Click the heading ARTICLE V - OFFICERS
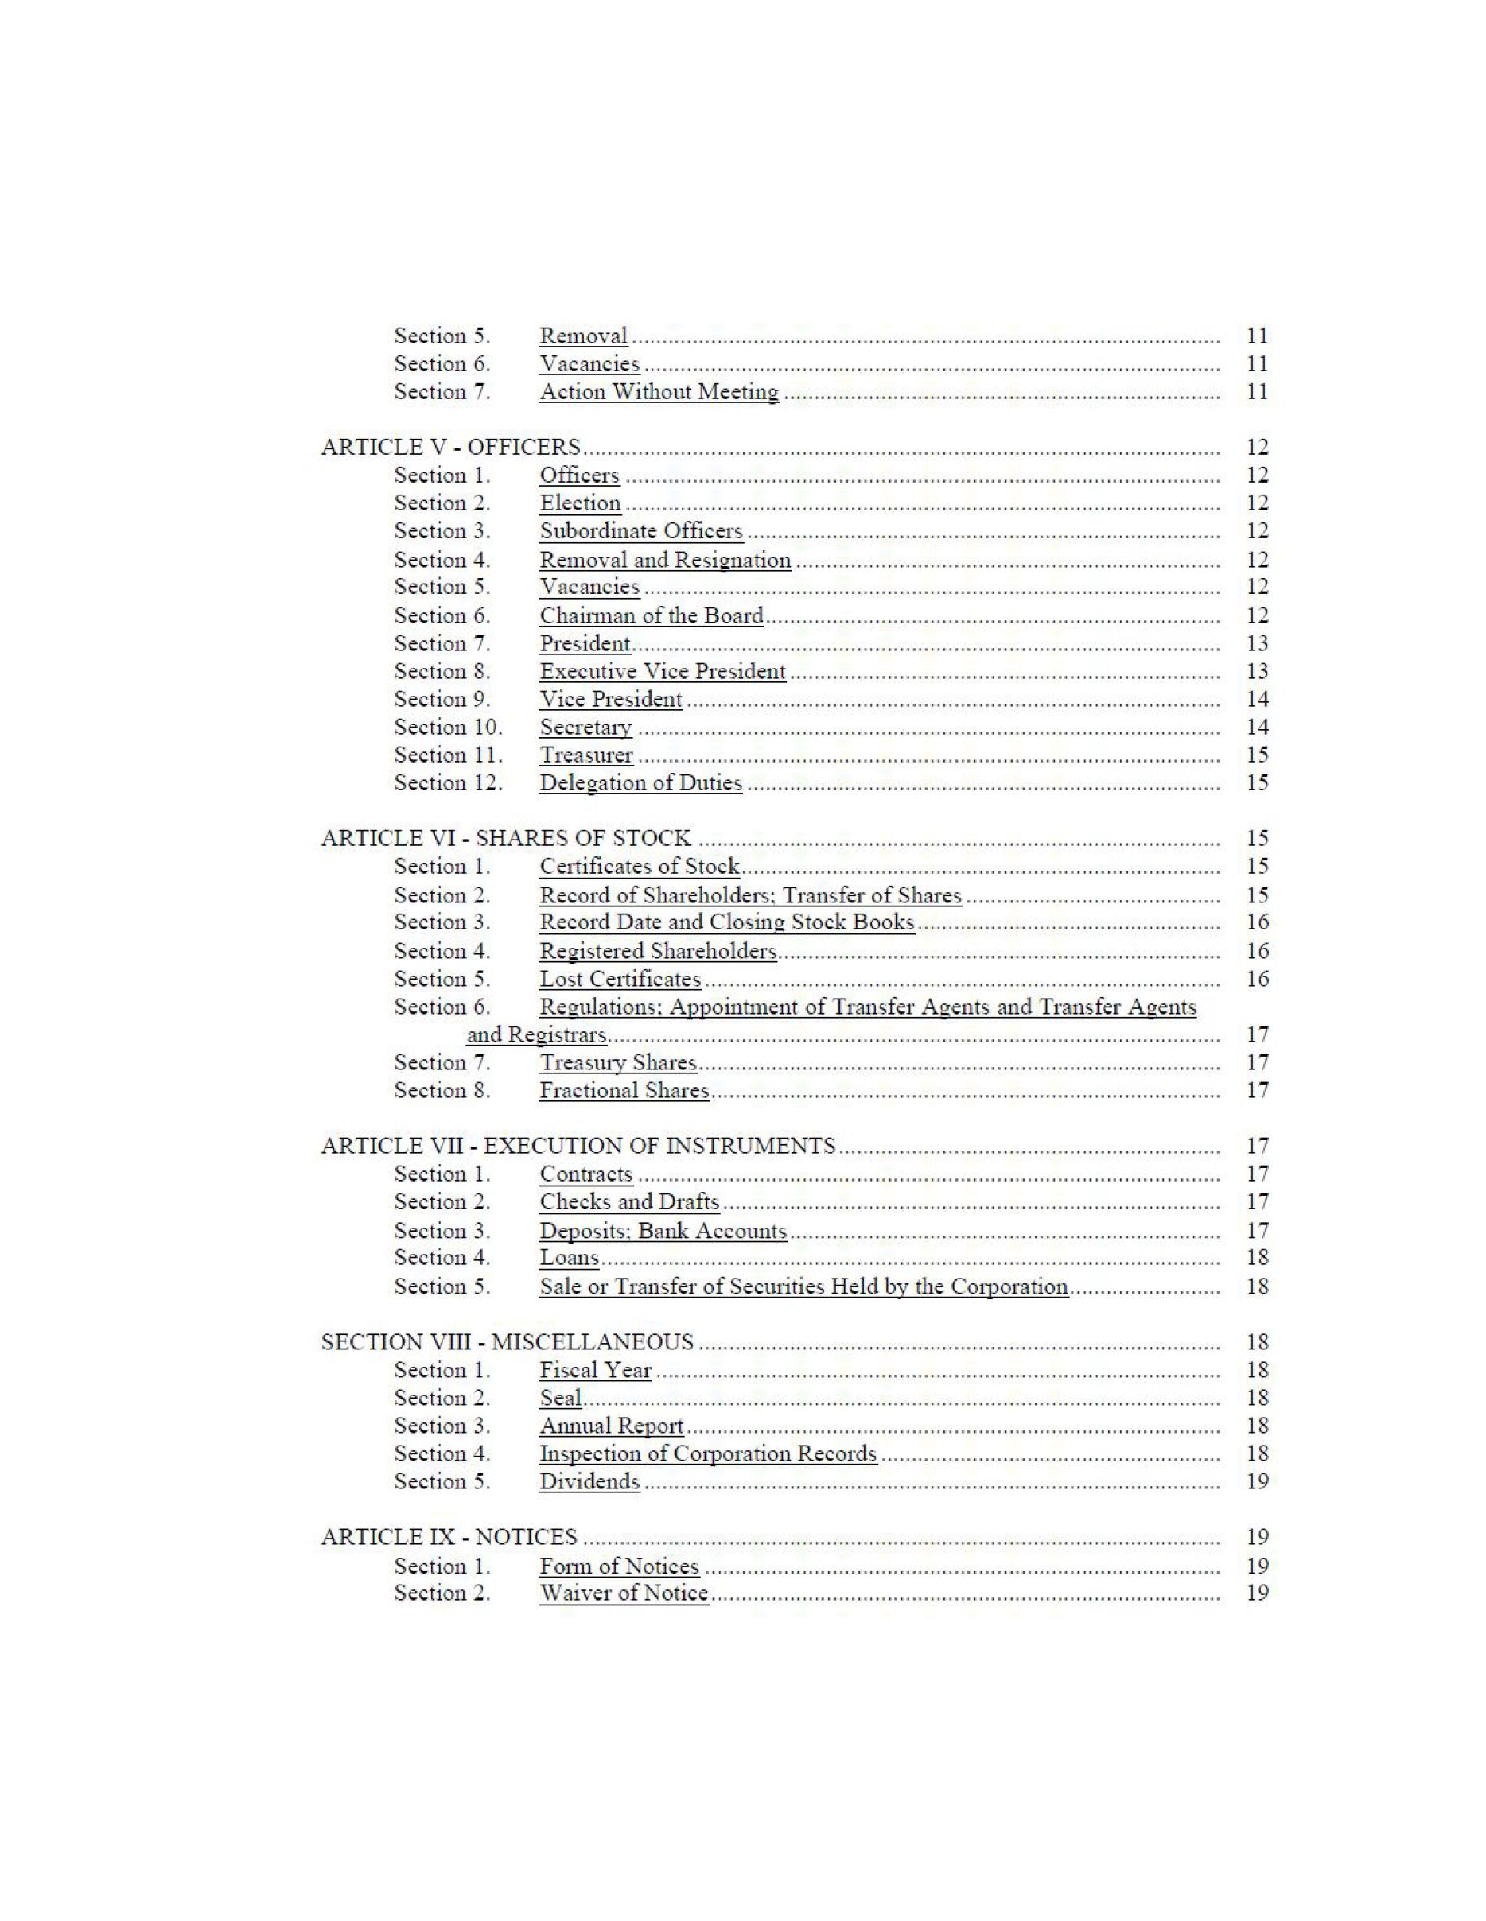[450, 447]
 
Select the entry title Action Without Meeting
[659, 391]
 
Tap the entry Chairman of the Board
[651, 615]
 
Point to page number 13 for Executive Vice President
[1257, 671]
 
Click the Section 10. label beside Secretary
[448, 728]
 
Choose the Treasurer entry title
[586, 755]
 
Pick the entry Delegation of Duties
[640, 783]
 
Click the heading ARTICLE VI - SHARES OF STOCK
[506, 838]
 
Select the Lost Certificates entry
[620, 979]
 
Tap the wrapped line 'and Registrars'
[536, 1034]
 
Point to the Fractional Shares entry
[624, 1091]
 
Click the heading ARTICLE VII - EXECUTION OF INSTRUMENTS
[578, 1146]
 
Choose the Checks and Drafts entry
[629, 1201]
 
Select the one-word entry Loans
[570, 1258]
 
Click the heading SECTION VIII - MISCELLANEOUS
[507, 1342]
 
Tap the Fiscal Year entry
[595, 1371]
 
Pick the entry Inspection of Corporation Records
[707, 1454]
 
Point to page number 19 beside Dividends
[1257, 1482]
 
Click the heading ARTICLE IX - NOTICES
[449, 1538]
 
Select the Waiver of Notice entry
[624, 1593]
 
